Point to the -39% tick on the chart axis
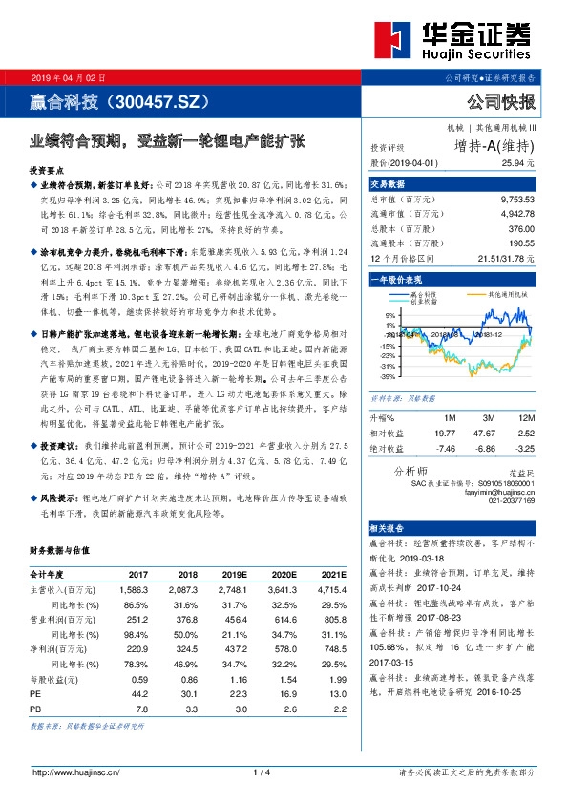click(387, 376)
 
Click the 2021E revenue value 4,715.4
click(325, 592)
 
